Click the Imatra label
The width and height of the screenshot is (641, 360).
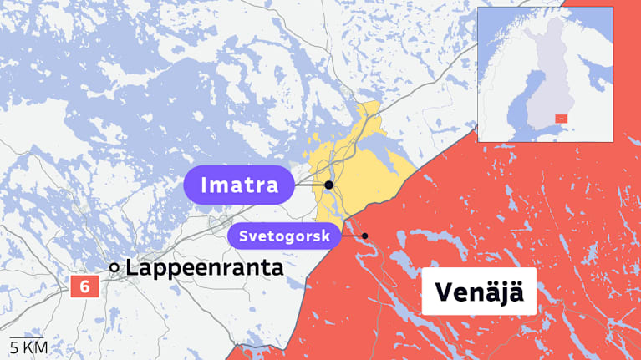[x=238, y=185]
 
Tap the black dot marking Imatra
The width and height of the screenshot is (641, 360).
[x=329, y=185]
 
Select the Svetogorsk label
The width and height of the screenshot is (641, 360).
[x=284, y=236]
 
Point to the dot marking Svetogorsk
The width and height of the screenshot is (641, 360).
[x=365, y=236]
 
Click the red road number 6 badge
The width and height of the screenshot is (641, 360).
[x=84, y=286]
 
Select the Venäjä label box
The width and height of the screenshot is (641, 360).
[x=479, y=292]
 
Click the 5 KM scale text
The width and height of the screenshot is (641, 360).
[x=28, y=347]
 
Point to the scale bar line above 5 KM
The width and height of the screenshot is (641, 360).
[x=26, y=337]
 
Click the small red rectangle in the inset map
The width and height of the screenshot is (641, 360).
[x=561, y=119]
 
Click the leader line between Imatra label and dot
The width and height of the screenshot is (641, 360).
[x=309, y=185]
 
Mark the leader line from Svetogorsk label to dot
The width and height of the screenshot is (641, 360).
[x=353, y=236]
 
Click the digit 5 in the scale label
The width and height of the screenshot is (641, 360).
[x=13, y=347]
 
